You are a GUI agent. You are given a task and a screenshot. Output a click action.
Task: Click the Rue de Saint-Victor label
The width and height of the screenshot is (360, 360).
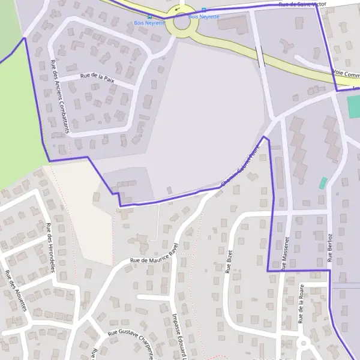[302, 5]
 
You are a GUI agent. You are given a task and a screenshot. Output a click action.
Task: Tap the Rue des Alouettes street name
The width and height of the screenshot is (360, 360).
[16, 290]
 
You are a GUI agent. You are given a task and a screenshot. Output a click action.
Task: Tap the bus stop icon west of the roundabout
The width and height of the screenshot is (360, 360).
[149, 17]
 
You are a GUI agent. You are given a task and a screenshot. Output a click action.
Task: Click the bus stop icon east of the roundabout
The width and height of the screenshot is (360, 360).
[204, 10]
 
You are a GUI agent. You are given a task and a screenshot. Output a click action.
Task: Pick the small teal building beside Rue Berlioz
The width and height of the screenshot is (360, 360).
[323, 182]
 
